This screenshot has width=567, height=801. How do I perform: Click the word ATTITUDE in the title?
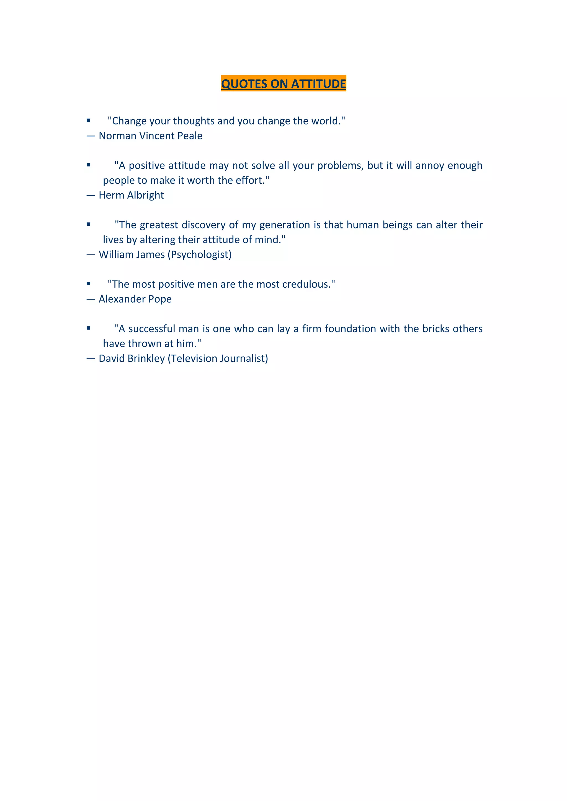point(318,84)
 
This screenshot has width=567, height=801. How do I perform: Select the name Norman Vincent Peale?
point(151,136)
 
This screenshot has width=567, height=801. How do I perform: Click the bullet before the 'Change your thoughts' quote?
point(88,121)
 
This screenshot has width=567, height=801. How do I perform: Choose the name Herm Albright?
point(131,195)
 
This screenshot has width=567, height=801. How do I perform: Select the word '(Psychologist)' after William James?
point(200,255)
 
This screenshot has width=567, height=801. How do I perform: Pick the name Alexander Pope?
point(135,299)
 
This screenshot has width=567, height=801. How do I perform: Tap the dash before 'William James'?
point(91,255)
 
